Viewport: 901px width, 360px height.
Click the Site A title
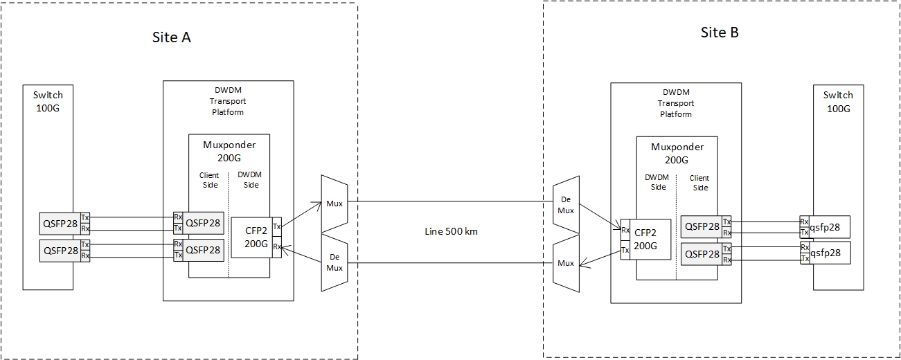pyautogui.click(x=171, y=37)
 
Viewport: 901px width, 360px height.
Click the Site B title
pyautogui.click(x=720, y=33)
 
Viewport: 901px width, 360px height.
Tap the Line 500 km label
pyautogui.click(x=451, y=231)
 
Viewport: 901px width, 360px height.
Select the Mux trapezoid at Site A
pyautogui.click(x=334, y=204)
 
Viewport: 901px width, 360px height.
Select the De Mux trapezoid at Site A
pyautogui.click(x=334, y=262)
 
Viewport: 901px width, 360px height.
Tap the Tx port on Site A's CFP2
pyautogui.click(x=277, y=226)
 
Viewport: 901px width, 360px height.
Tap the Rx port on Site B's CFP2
pyautogui.click(x=625, y=230)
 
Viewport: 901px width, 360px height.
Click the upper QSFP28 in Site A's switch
pyautogui.click(x=60, y=224)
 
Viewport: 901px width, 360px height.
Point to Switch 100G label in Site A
pyautogui.click(x=48, y=100)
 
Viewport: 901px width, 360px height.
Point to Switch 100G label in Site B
pyautogui.click(x=838, y=101)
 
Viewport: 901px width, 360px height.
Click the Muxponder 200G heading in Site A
pyautogui.click(x=229, y=151)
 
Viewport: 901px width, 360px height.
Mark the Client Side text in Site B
pyautogui.click(x=699, y=183)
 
